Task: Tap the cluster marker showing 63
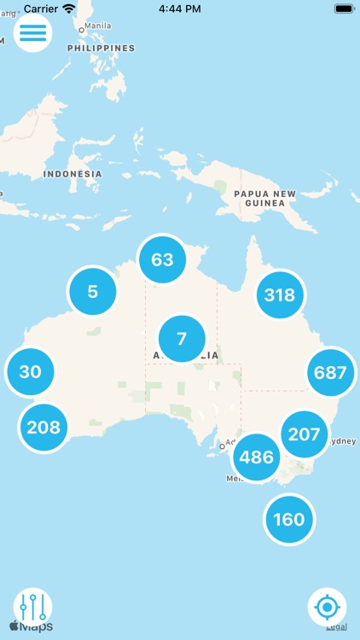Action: coord(162,259)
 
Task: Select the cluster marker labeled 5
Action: coord(92,292)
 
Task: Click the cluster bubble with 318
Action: coord(280,295)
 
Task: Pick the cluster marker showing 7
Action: coord(182,339)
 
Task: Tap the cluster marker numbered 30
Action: coord(30,372)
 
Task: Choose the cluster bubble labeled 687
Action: coord(330,372)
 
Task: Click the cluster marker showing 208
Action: coord(44,427)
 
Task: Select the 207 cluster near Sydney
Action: coord(304,434)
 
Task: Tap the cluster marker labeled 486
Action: coord(257,457)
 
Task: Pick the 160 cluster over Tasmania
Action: coord(289,519)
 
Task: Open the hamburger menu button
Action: coord(33,32)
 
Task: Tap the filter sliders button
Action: coord(33,607)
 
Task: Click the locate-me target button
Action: coord(327,608)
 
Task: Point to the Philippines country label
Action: coord(102,49)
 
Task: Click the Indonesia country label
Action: coord(73,174)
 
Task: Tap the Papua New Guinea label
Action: coord(270,199)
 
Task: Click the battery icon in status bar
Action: coord(344,8)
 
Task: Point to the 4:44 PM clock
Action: coord(180,8)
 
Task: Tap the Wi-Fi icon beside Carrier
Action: coord(68,8)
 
